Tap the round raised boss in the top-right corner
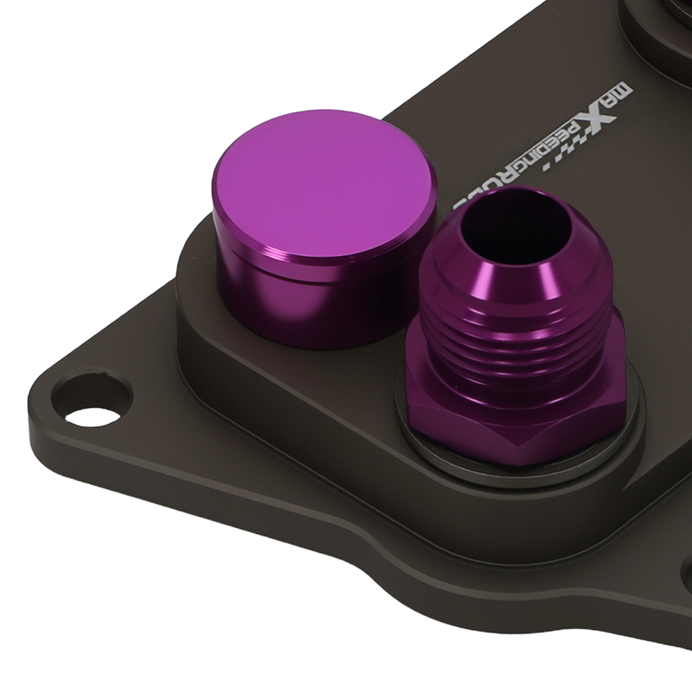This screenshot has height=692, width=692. (664, 21)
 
